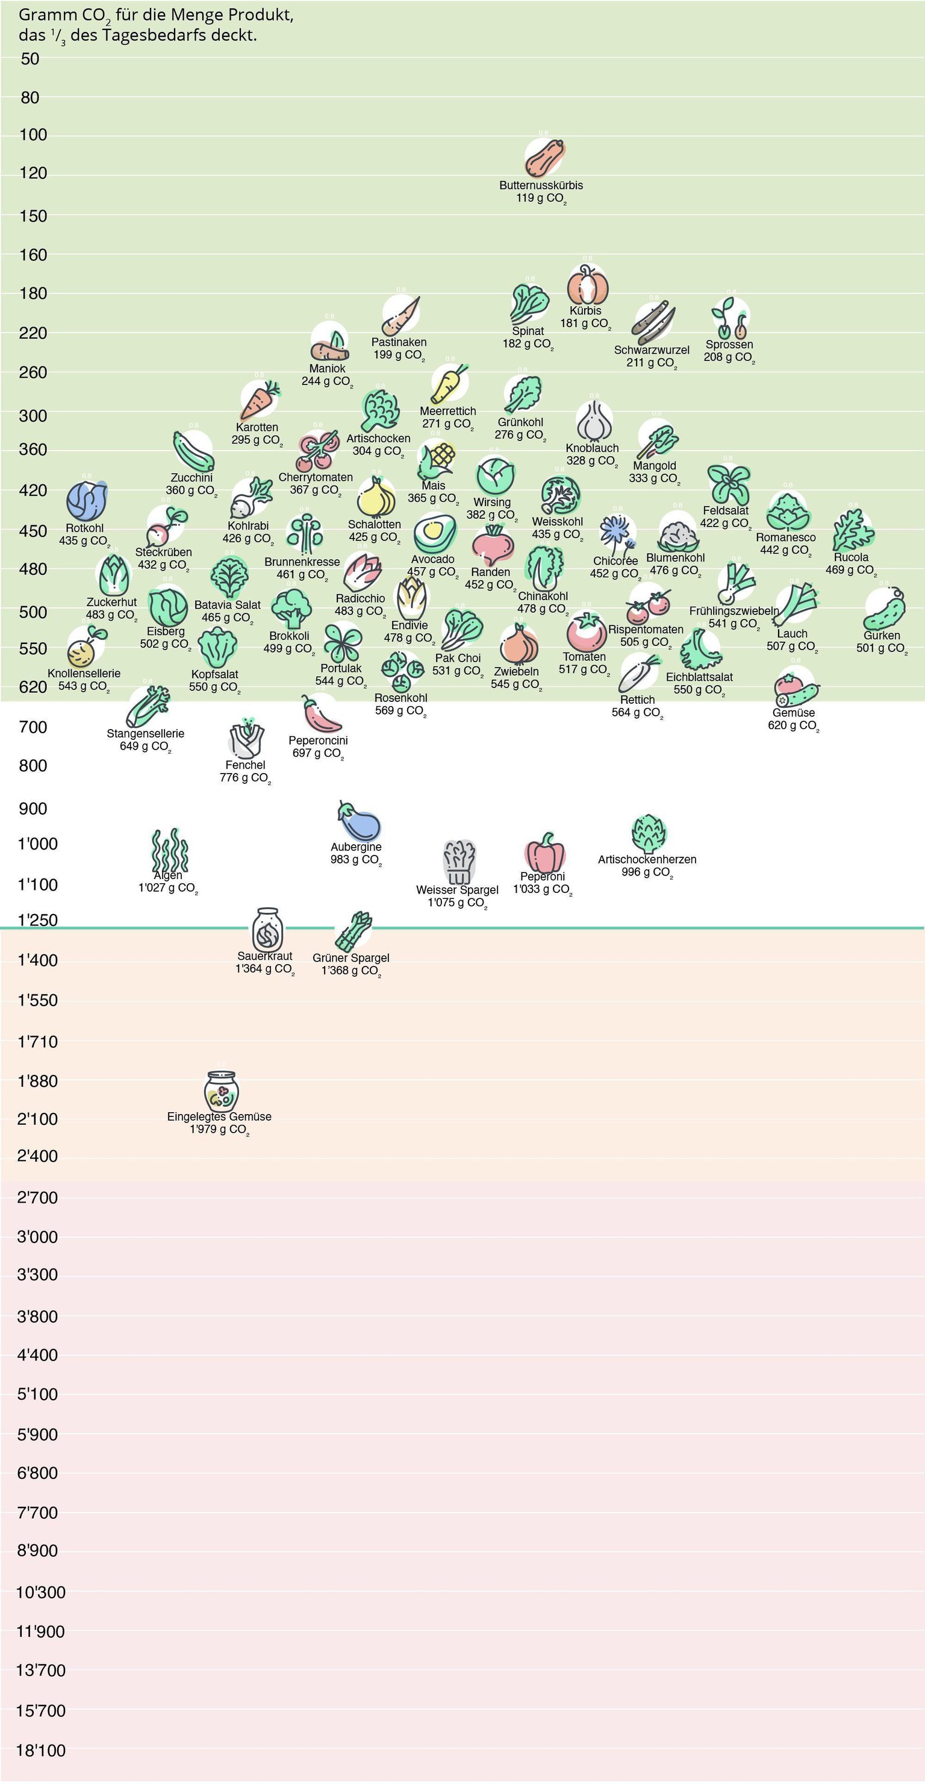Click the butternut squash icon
(x=544, y=158)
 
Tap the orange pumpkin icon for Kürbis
(x=588, y=284)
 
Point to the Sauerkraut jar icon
(x=267, y=930)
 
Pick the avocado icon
(x=435, y=534)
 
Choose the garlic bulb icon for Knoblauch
(x=594, y=421)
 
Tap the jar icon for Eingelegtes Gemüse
(x=222, y=1092)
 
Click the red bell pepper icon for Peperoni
(x=545, y=853)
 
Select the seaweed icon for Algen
(x=170, y=851)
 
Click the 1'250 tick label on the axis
(x=37, y=921)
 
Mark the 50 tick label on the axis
(x=31, y=59)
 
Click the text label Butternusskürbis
(x=541, y=186)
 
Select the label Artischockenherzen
(x=647, y=859)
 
